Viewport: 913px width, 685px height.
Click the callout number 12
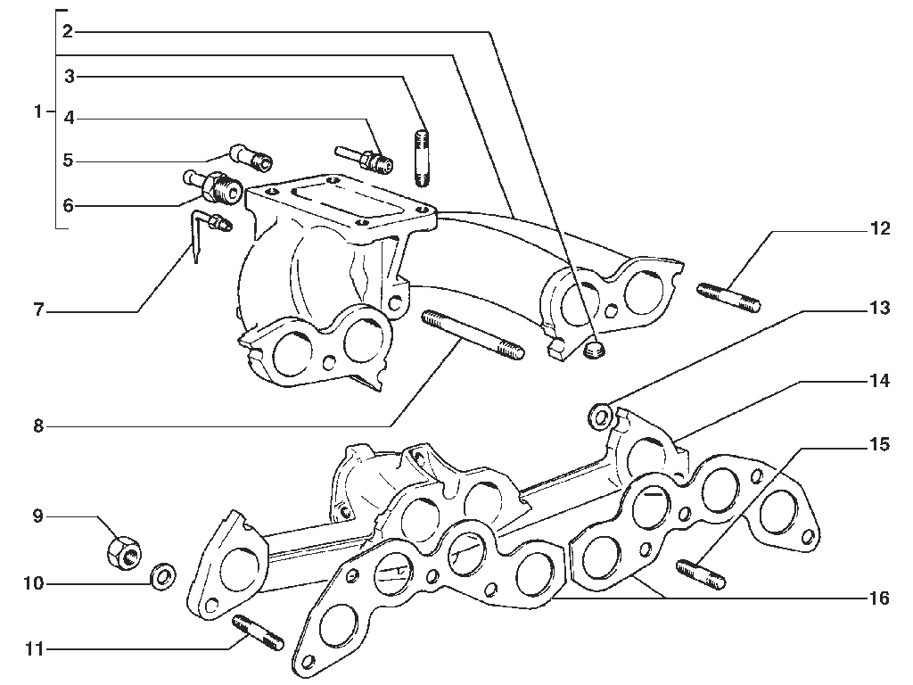tap(880, 228)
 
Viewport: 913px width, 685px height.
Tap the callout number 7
tap(38, 310)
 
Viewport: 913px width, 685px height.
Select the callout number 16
tap(879, 598)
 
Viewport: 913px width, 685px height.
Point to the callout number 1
tap(38, 111)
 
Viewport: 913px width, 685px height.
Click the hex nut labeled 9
tap(124, 551)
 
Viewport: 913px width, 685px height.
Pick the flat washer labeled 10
tap(164, 577)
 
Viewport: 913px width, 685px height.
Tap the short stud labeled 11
tap(258, 632)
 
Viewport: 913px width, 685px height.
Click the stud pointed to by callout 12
tap(728, 297)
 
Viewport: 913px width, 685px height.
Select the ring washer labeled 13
tap(601, 417)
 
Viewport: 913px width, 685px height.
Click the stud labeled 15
tap(701, 574)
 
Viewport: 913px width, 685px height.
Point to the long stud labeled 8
tap(472, 334)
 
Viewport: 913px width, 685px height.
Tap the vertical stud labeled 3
tap(422, 159)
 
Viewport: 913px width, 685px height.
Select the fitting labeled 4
tap(364, 159)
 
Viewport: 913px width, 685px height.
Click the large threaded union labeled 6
tap(213, 186)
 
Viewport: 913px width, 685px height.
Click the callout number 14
tap(880, 381)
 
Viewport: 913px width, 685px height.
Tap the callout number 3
tap(70, 77)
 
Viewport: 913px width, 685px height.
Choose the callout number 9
tap(38, 516)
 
